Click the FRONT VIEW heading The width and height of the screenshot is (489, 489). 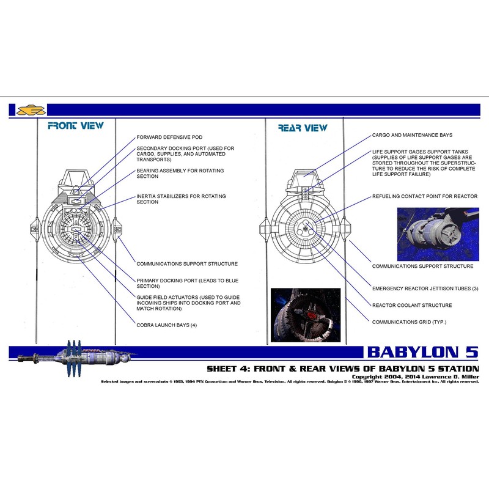pyautogui.click(x=76, y=126)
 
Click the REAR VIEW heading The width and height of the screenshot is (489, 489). pyautogui.click(x=303, y=128)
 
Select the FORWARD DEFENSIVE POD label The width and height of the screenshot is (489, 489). pyautogui.click(x=169, y=137)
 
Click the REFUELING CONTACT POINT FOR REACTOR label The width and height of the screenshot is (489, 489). pyautogui.click(x=425, y=197)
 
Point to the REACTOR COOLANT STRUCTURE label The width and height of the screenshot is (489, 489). pyautogui.click(x=412, y=305)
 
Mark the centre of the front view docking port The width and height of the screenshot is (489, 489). pyautogui.click(x=78, y=229)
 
